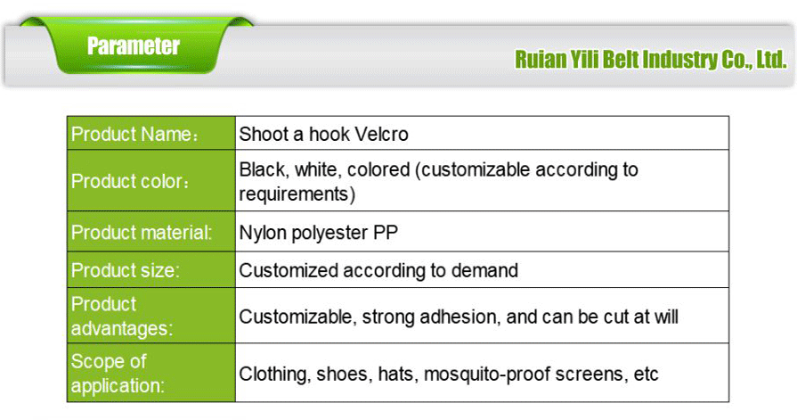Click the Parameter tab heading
pyautogui.click(x=134, y=45)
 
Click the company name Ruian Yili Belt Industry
pyautogui.click(x=650, y=61)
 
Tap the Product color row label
pyautogui.click(x=130, y=181)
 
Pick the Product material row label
pyautogui.click(x=142, y=234)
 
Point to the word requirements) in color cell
pyautogui.click(x=297, y=193)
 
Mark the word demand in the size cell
pyautogui.click(x=490, y=270)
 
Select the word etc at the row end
pyautogui.click(x=646, y=374)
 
